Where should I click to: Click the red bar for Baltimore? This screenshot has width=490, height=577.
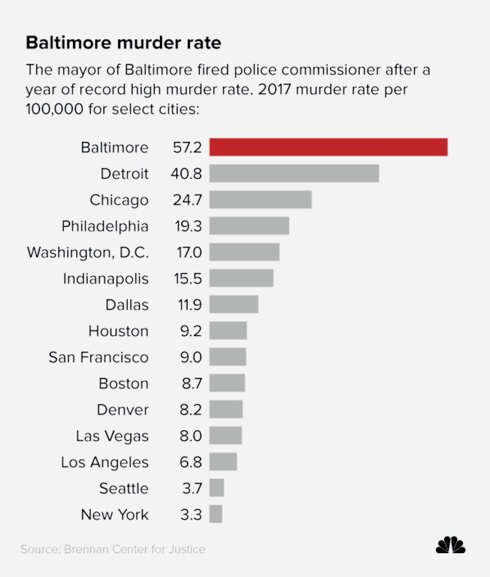click(328, 147)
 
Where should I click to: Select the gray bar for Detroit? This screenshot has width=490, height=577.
click(294, 173)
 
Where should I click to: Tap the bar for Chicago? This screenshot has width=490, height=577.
click(260, 200)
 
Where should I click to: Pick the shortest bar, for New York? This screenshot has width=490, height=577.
click(216, 514)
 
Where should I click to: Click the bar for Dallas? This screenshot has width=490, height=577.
click(233, 304)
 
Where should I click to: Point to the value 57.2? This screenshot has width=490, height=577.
click(187, 148)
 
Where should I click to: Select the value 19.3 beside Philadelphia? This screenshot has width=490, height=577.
click(187, 226)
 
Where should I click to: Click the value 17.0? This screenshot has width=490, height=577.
click(189, 253)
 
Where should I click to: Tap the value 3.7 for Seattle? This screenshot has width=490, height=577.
click(191, 489)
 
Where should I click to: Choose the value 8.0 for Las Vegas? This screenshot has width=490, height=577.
click(190, 436)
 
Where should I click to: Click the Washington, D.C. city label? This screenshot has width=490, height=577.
click(88, 253)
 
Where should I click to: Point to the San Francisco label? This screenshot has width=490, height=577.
click(99, 357)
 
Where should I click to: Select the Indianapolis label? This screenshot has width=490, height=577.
click(106, 279)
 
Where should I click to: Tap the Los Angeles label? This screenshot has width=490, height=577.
click(105, 462)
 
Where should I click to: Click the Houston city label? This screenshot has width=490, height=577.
click(119, 331)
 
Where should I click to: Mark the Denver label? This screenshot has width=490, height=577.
click(122, 410)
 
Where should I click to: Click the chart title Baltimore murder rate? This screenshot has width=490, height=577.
click(123, 43)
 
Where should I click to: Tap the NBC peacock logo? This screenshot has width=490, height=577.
click(450, 545)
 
